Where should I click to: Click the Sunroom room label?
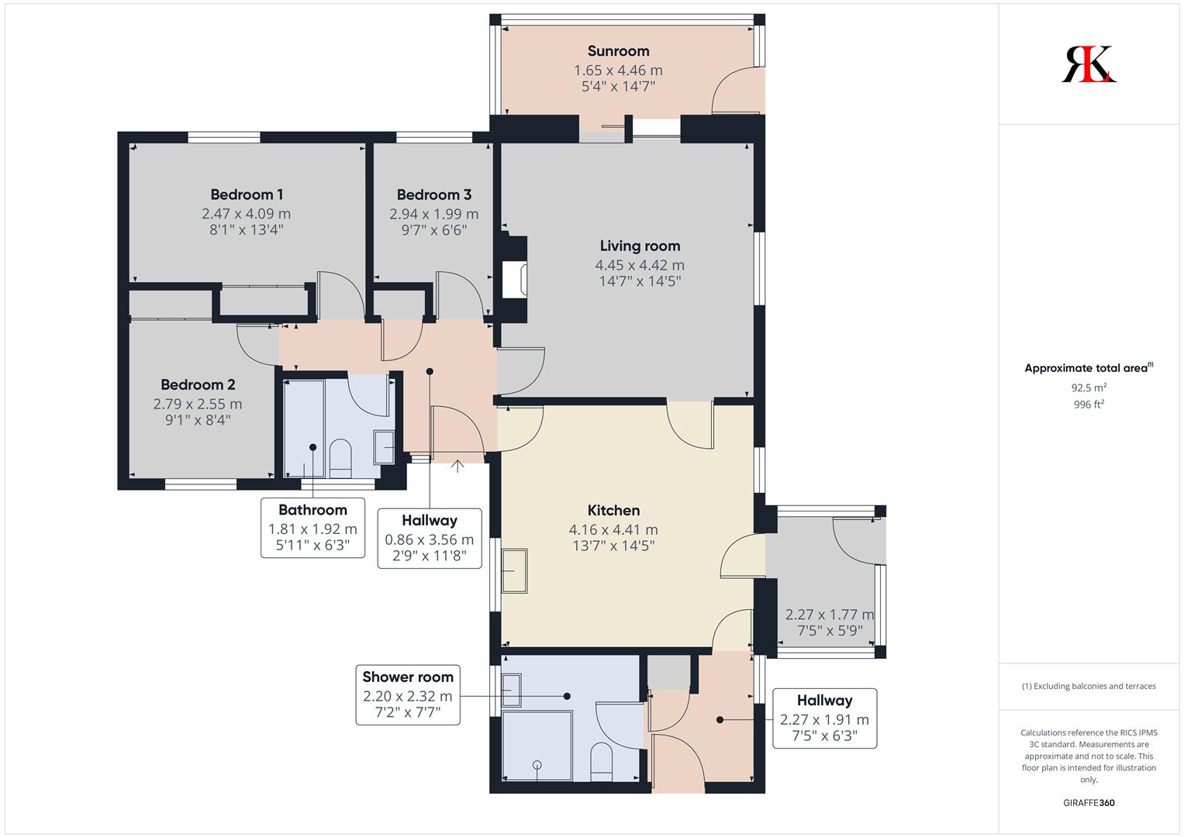pyautogui.click(x=619, y=51)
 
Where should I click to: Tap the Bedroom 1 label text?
pyautogui.click(x=247, y=195)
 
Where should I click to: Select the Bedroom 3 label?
pyautogui.click(x=434, y=195)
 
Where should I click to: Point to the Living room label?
pyautogui.click(x=640, y=246)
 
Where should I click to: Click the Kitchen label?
pyautogui.click(x=613, y=511)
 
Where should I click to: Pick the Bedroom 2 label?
pyautogui.click(x=198, y=384)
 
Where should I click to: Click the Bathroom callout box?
pyautogui.click(x=313, y=528)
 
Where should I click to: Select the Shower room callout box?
pyautogui.click(x=408, y=695)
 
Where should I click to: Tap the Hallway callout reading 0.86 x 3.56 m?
pyautogui.click(x=430, y=539)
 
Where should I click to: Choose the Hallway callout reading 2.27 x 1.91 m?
pyautogui.click(x=824, y=718)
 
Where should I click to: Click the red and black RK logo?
pyautogui.click(x=1089, y=64)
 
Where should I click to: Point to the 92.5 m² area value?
pyautogui.click(x=1089, y=387)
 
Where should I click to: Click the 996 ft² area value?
pyautogui.click(x=1089, y=405)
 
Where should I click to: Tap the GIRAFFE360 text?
pyautogui.click(x=1089, y=803)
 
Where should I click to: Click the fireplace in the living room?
pyautogui.click(x=514, y=280)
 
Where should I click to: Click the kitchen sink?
pyautogui.click(x=514, y=570)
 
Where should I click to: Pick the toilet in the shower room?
pyautogui.click(x=601, y=761)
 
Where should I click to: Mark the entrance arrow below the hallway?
pyautogui.click(x=457, y=466)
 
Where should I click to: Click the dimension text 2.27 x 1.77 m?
pyautogui.click(x=830, y=615)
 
